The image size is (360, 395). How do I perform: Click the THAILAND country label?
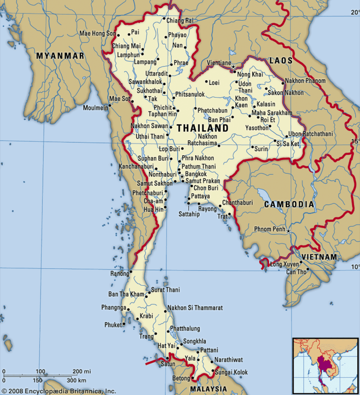[x=202, y=128]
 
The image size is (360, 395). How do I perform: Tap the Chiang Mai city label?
[x=126, y=46]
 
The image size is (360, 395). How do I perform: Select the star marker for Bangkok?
[x=182, y=176]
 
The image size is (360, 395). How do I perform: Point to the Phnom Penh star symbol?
[x=289, y=231]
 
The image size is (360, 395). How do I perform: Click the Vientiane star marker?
[x=233, y=67]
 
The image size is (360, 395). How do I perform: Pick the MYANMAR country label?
[x=60, y=56]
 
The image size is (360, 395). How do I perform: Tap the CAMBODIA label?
[x=289, y=205]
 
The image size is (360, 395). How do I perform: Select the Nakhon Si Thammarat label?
[x=195, y=308]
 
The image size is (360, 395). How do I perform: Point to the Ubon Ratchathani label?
[x=310, y=134]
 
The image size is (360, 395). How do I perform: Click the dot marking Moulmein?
[x=108, y=107]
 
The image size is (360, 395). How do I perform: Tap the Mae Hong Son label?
[x=97, y=33]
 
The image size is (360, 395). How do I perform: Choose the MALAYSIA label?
[x=208, y=389]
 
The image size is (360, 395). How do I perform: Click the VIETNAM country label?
[x=319, y=257]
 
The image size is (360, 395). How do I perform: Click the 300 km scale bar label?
[x=76, y=380]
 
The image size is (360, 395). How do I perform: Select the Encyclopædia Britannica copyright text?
[x=58, y=391]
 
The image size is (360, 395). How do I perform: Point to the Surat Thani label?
[x=165, y=290]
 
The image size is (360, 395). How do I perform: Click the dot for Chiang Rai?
[x=164, y=20]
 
